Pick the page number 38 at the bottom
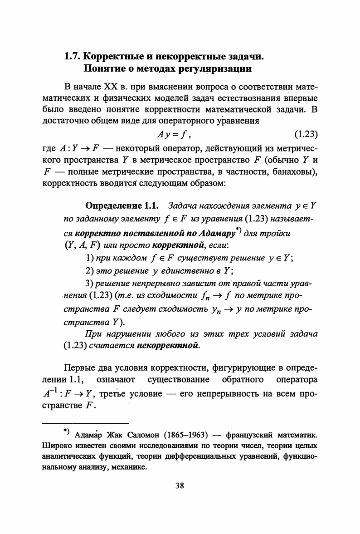click(180, 485)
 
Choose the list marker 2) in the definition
click(89, 271)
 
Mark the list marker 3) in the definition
click(89, 284)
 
